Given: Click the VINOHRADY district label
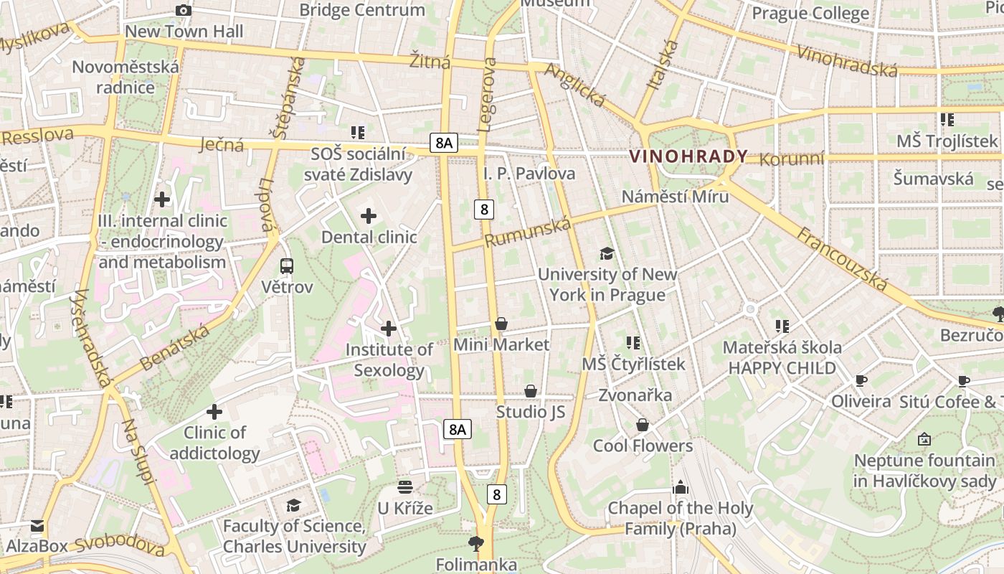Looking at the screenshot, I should (x=688, y=156).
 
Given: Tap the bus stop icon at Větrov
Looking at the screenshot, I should (x=287, y=266).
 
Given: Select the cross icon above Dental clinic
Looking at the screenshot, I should (x=369, y=215).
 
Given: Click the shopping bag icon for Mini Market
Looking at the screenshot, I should (x=501, y=324).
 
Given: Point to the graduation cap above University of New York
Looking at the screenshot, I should (x=607, y=253).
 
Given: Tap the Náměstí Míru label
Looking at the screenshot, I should (x=675, y=197).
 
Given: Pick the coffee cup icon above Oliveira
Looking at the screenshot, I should (x=861, y=380).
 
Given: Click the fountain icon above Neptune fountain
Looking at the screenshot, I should (x=924, y=438).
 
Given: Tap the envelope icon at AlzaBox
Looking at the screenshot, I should (x=37, y=526).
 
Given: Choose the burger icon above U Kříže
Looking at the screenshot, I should (x=405, y=487).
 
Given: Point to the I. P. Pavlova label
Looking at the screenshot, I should (x=529, y=173).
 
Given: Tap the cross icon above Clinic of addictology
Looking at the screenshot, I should (x=214, y=412).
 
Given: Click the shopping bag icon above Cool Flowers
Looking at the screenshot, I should (x=643, y=425).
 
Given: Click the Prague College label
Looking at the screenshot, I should (x=810, y=13).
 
